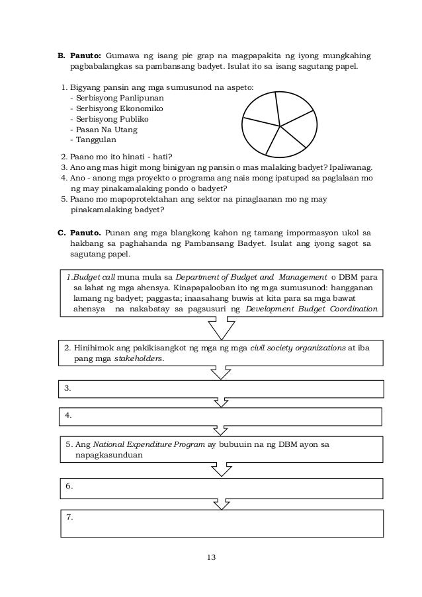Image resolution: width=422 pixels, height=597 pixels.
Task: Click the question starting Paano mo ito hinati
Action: tap(117, 157)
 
